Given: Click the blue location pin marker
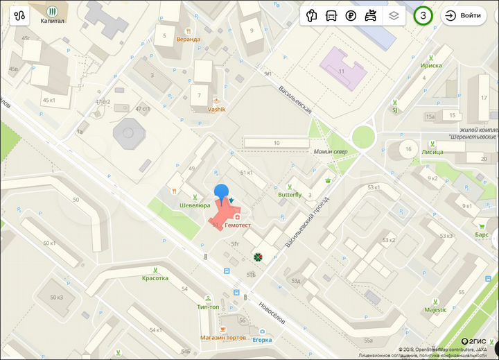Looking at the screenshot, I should point(221,194).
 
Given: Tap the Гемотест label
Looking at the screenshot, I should point(238,225).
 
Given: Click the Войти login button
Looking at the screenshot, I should point(464,15).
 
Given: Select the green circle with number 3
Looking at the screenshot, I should point(423,15).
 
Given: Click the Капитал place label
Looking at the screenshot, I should point(53,22).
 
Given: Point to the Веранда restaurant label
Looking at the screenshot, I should point(188,40).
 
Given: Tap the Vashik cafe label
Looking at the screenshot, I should point(216,109).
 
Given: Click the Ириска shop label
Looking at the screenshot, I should point(430,65).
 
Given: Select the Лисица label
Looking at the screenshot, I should point(432,151).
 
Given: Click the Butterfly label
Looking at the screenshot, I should point(290,195).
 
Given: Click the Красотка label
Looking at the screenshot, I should point(155,278).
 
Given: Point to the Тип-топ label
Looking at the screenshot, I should point(208,307).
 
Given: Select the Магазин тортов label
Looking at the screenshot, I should point(223,337).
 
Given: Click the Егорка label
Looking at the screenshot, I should point(261,340).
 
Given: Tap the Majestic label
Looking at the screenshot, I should point(435,309).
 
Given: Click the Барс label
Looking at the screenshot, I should point(482,234).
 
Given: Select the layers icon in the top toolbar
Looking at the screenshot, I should point(394,15).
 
